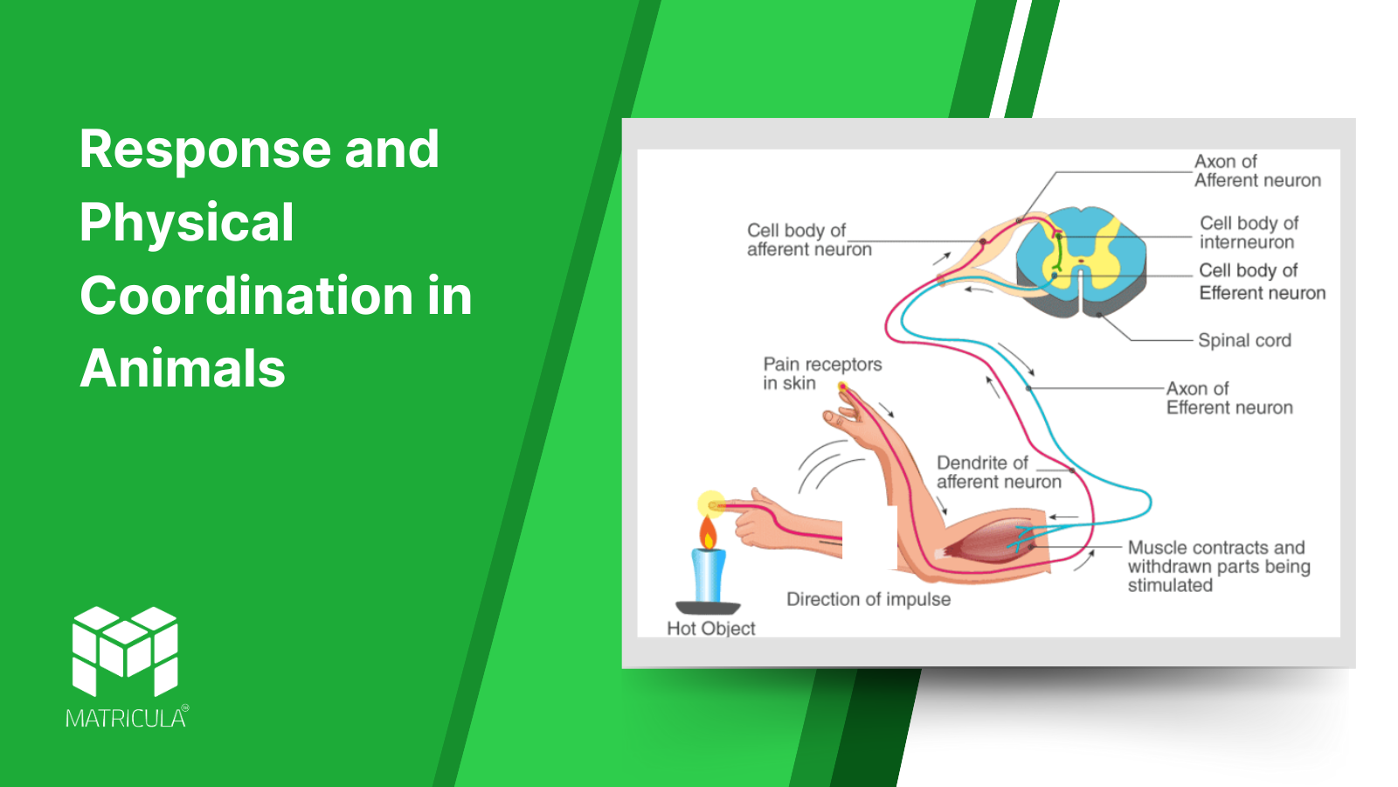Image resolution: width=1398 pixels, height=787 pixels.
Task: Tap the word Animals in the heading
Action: [x=183, y=368]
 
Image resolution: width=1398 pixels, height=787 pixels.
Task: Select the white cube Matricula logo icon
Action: [x=125, y=651]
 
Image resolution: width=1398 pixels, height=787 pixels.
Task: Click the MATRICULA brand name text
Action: [x=126, y=718]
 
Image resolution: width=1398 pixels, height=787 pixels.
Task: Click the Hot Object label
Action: [x=711, y=628]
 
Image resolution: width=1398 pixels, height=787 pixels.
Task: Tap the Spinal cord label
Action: [x=1244, y=340]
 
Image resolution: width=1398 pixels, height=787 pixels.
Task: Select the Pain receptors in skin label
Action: [x=822, y=373]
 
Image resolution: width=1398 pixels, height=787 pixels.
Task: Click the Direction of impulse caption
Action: [x=869, y=599]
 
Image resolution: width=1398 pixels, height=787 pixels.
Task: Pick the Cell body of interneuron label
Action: [x=1249, y=233]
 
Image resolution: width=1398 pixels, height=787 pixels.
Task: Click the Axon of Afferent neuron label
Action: [x=1257, y=171]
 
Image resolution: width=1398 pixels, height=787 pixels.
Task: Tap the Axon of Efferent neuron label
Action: [x=1228, y=398]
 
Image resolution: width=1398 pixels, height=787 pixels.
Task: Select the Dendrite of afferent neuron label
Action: [x=998, y=472]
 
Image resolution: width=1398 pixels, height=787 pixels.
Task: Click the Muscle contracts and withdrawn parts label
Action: [x=1218, y=566]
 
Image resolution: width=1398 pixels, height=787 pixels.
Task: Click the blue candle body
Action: [x=709, y=575]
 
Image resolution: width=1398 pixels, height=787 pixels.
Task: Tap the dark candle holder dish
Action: [x=708, y=608]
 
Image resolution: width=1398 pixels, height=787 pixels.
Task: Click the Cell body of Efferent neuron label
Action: [x=1262, y=281]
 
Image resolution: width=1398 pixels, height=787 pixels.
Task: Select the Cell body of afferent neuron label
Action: [x=809, y=240]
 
